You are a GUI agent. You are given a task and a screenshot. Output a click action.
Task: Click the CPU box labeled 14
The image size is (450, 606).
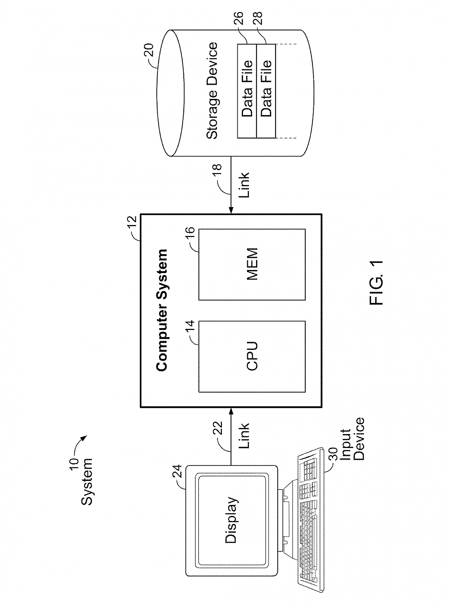coord(252,356)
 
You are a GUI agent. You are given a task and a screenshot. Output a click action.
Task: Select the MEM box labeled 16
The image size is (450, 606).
coord(252,264)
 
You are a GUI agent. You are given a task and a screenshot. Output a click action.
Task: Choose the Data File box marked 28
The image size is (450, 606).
coord(266,91)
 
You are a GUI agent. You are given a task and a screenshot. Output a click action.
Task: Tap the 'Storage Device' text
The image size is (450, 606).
coord(212,91)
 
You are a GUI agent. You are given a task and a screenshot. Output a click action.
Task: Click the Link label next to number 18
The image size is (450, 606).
coord(244,185)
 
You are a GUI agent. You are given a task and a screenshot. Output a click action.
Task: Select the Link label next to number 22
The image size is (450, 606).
coord(244,436)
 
